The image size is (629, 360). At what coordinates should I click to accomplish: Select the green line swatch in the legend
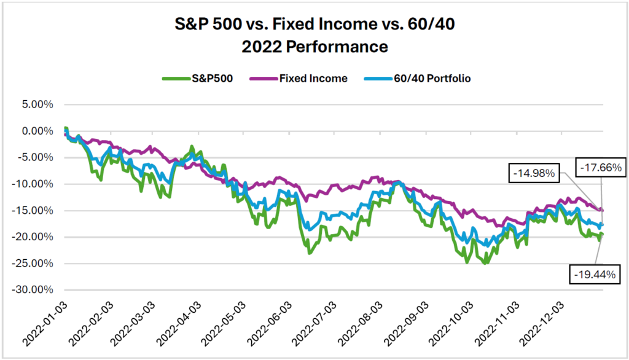pos(173,79)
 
